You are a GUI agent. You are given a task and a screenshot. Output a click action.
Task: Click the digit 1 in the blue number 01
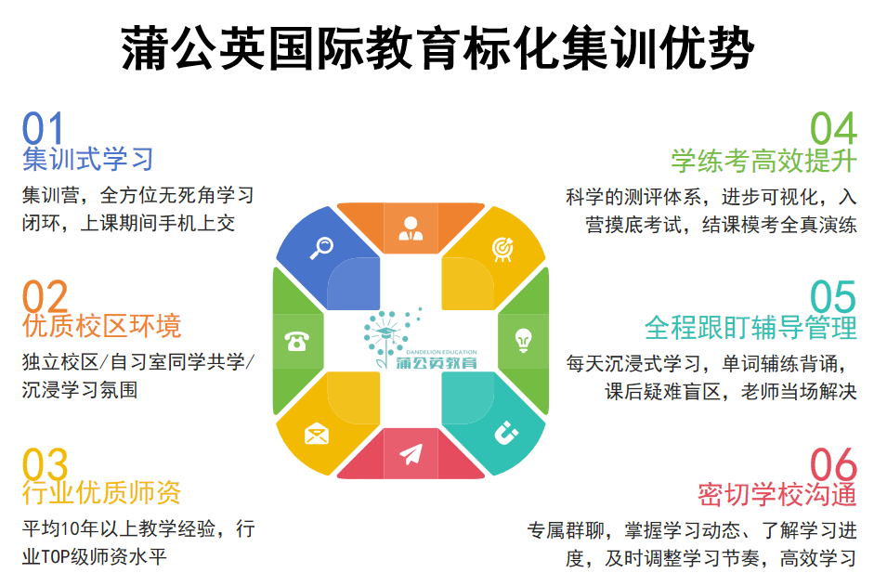point(54,128)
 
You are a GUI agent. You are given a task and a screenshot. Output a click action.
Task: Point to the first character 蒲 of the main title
point(146,47)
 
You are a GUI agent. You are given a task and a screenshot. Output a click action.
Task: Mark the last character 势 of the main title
point(730,47)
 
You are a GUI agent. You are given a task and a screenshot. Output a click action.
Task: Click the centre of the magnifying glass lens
point(325,245)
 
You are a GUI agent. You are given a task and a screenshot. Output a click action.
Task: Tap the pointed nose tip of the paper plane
point(422,446)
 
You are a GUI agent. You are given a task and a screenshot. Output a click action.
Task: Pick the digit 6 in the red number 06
point(846,465)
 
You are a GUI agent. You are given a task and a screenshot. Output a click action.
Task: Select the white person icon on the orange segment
point(411,228)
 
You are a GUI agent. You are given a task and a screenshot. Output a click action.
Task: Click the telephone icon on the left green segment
point(297,341)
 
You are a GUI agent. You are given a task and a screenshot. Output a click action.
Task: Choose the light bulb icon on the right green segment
point(524,341)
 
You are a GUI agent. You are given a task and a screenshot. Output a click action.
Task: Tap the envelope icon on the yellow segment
point(317,434)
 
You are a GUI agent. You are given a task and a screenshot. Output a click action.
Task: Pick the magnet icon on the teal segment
point(505,434)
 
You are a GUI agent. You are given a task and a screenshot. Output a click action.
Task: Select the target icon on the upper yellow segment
point(502,249)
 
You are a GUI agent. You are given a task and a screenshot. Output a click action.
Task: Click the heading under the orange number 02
point(102,326)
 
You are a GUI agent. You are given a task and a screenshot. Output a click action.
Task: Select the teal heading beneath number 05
point(750,328)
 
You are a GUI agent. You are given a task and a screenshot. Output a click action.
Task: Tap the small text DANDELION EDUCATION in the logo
point(441,352)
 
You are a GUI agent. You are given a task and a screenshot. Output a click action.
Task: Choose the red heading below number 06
point(777,495)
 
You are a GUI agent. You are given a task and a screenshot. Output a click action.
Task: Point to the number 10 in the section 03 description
point(70,529)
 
